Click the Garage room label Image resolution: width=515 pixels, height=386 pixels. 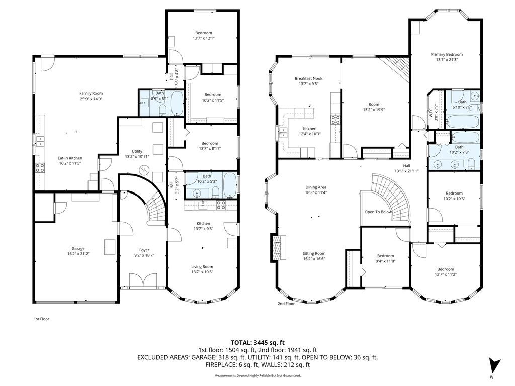tap(78, 249)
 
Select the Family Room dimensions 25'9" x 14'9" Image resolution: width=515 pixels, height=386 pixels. tap(91, 99)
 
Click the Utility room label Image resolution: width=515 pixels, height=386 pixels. tap(137, 151)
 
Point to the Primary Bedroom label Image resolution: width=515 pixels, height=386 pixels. tap(446, 54)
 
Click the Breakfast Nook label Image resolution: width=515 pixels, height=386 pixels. tap(308, 79)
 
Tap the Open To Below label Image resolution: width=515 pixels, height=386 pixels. tap(378, 212)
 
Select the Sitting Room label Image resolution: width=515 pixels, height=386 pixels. tap(314, 254)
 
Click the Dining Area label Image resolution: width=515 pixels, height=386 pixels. tap(315, 187)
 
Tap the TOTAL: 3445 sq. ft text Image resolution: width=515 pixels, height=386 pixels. tap(257, 342)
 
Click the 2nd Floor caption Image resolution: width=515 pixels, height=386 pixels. tap(286, 304)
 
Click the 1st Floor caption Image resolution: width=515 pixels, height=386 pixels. tap(41, 319)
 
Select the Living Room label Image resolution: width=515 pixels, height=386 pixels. tap(202, 267)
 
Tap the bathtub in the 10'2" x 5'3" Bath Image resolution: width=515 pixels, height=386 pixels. tap(228, 185)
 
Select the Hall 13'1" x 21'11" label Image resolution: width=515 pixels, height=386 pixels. tap(406, 166)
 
